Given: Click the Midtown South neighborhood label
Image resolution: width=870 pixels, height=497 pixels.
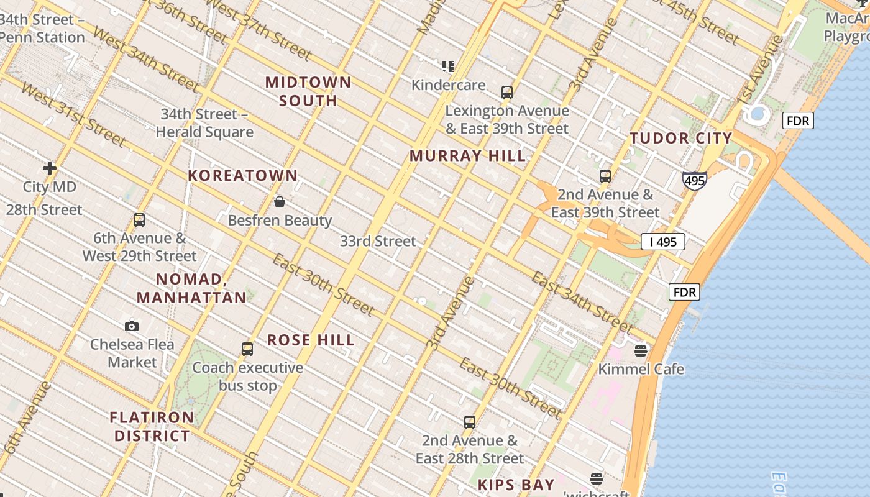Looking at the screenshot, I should click(x=308, y=91).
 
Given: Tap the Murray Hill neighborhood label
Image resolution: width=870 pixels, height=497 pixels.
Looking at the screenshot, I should click(x=467, y=156).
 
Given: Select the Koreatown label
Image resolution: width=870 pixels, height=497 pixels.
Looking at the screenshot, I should click(x=243, y=176).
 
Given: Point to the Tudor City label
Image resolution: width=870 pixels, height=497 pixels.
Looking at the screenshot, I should click(x=681, y=139).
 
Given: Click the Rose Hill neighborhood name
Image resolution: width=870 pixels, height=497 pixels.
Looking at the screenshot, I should click(x=311, y=340).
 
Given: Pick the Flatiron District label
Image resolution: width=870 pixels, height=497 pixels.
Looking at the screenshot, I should click(x=152, y=426).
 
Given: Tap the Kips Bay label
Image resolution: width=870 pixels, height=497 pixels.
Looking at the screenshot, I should click(x=516, y=485).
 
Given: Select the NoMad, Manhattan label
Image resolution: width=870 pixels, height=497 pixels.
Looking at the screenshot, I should click(x=191, y=288).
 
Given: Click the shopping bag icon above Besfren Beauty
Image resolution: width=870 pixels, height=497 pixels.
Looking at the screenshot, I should click(x=280, y=202).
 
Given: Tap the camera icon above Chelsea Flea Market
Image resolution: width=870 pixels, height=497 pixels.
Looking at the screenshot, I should click(x=132, y=326).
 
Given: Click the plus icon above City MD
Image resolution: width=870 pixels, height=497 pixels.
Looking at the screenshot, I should click(x=50, y=168).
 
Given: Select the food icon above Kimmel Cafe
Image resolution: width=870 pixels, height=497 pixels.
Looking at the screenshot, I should click(x=641, y=351).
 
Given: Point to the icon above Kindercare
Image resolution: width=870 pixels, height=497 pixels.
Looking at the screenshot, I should click(x=448, y=66).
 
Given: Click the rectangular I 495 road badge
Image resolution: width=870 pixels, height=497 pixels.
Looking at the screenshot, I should click(x=663, y=242).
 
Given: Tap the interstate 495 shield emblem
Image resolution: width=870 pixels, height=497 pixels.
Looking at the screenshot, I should click(x=694, y=181).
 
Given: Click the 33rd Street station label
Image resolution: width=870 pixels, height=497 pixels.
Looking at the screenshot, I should click(x=378, y=241).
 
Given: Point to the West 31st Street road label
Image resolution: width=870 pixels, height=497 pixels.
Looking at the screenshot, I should click(x=73, y=114).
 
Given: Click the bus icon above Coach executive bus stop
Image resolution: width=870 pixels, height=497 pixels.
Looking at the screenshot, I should click(x=247, y=349).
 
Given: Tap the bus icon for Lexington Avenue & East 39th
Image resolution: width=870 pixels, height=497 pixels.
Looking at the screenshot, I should click(x=507, y=93).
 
